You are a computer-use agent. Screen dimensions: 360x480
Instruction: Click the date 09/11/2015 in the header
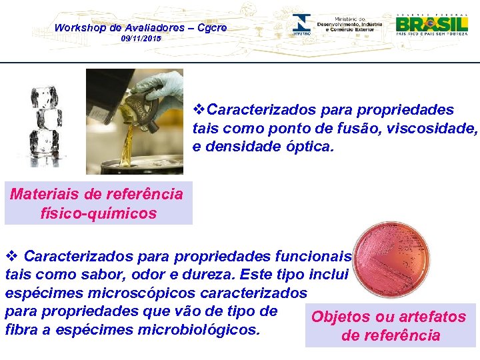[141, 39]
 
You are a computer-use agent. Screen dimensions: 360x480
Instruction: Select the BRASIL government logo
[433, 25]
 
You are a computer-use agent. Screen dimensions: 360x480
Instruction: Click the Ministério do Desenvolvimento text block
[350, 24]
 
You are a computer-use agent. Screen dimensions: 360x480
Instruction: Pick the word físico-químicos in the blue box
[98, 213]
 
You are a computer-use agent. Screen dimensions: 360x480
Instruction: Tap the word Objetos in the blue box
[343, 317]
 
